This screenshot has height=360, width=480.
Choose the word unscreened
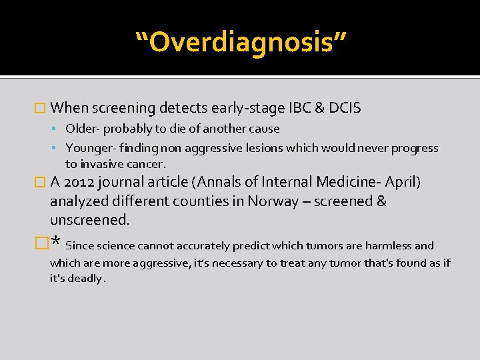(x=87, y=220)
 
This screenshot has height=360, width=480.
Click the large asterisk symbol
(x=56, y=243)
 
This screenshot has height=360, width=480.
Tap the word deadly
(x=86, y=278)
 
